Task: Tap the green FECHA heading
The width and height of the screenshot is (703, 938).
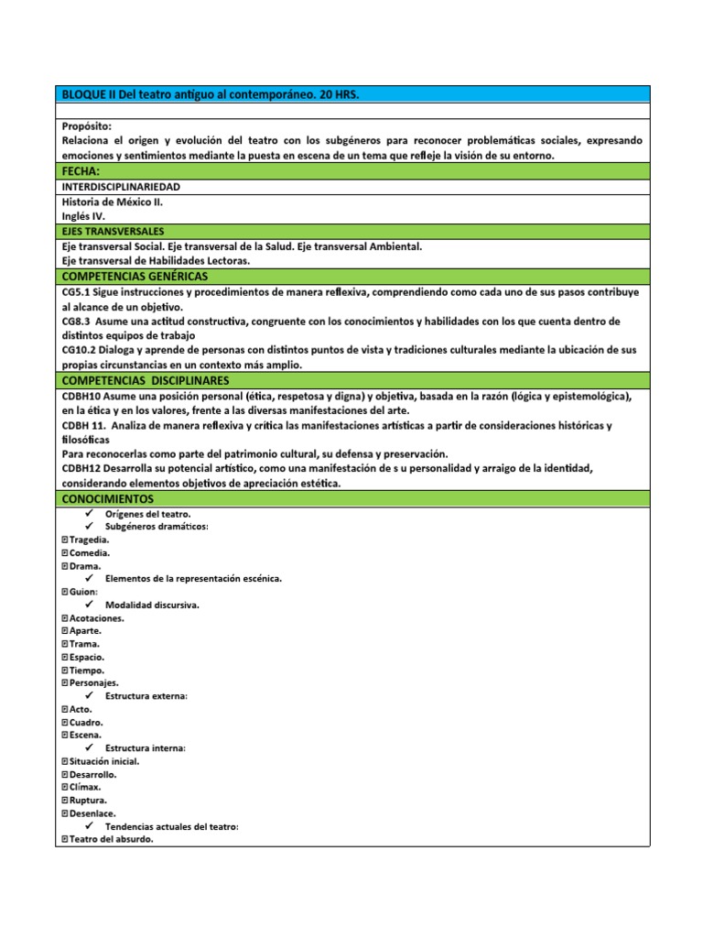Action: pos(81,171)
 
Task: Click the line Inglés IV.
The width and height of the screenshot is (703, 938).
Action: pos(83,216)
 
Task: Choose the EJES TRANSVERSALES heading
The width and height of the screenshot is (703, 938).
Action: pos(113,232)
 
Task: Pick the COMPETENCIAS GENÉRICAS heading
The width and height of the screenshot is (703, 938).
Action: pos(135,276)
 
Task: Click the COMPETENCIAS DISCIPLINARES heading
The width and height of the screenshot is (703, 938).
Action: pos(145,380)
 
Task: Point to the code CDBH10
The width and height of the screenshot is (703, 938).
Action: pos(80,396)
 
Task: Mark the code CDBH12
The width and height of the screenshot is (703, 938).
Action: pos(80,469)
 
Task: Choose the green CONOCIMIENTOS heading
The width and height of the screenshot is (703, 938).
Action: pos(107,499)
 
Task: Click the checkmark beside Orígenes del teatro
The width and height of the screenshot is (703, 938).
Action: pos(90,514)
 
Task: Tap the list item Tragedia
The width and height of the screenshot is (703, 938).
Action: pos(89,540)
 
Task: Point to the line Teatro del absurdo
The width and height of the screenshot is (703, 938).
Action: pos(111,839)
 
